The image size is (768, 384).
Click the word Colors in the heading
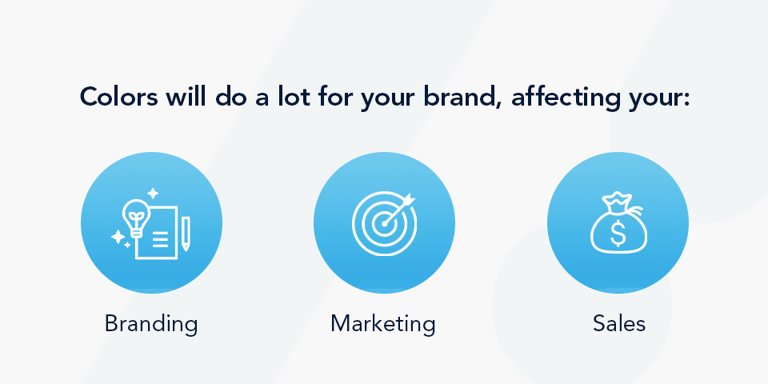pos(118,97)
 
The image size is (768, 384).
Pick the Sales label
pos(618,323)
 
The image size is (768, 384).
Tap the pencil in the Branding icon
pos(186,234)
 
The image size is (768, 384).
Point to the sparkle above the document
pos(153,194)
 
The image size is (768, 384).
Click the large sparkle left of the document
pos(118,237)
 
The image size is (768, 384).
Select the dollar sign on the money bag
pos(618,233)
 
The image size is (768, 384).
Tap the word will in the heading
pos(186,97)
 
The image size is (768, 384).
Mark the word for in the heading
pos(333,97)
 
